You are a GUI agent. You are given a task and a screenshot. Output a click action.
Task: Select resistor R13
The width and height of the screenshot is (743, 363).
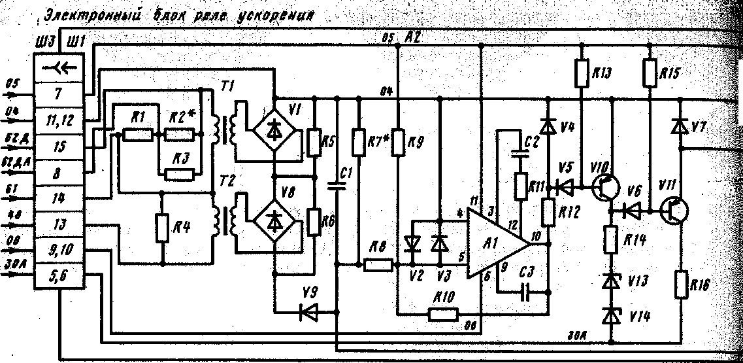(x=580, y=73)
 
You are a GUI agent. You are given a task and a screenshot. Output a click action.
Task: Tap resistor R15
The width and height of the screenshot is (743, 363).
(x=649, y=73)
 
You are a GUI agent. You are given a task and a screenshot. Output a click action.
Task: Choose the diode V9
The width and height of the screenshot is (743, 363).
(x=308, y=312)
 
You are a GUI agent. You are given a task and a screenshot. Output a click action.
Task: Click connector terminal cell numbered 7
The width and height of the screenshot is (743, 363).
(x=58, y=92)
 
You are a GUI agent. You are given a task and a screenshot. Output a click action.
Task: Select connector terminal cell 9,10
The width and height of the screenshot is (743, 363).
(x=58, y=249)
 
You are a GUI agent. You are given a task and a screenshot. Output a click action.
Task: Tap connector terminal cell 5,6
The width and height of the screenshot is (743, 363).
(x=58, y=277)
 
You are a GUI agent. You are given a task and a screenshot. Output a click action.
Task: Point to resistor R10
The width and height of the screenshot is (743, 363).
(x=440, y=313)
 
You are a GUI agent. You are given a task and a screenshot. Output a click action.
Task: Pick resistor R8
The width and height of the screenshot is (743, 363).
(x=378, y=265)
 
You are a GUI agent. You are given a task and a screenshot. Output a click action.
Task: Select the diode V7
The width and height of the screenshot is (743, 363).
(x=680, y=125)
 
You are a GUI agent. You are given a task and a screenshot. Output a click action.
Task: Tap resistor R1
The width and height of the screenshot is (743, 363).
(x=138, y=135)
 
